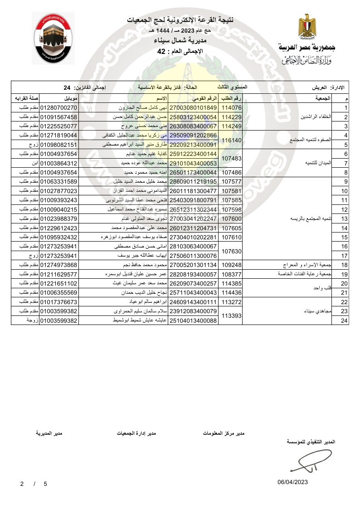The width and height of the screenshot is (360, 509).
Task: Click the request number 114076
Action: (231, 108)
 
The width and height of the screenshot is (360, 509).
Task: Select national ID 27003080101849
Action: (194, 108)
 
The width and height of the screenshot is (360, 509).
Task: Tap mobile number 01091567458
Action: (59, 117)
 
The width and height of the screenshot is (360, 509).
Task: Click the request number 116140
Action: (231, 140)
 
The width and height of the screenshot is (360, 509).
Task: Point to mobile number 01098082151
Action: (59, 145)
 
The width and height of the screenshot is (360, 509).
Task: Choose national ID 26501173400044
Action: (194, 173)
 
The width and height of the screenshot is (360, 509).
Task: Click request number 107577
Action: (231, 182)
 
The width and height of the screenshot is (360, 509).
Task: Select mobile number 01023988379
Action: (59, 218)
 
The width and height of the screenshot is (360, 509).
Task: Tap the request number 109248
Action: (231, 265)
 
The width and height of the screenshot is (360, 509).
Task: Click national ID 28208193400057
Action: (194, 274)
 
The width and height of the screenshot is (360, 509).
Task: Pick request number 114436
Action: (231, 292)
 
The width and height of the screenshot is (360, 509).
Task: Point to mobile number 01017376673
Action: (59, 302)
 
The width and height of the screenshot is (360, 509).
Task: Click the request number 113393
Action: (231, 315)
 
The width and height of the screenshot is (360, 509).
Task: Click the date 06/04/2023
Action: (293, 482)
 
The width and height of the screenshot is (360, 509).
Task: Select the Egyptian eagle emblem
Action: (306, 26)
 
